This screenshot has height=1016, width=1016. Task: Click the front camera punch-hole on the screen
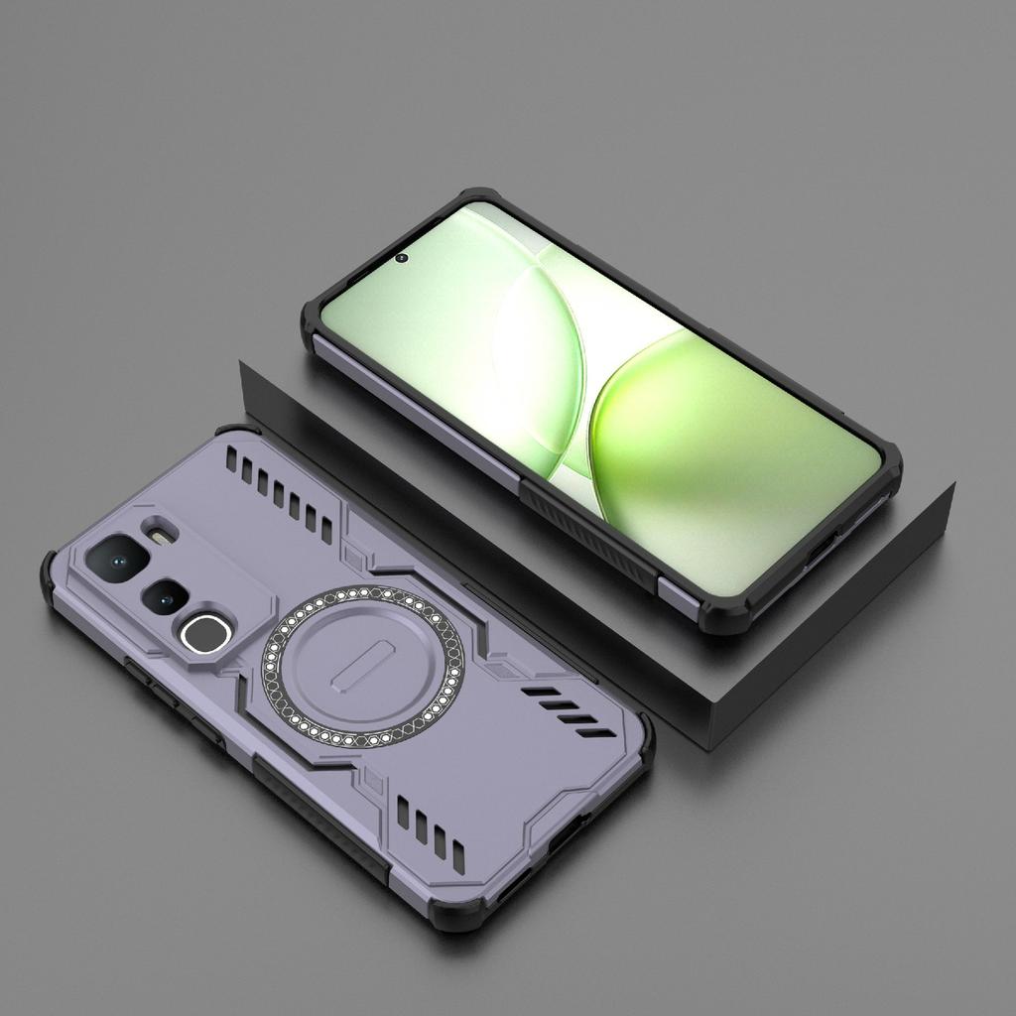[401, 258]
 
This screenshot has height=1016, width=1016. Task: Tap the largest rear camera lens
[117, 558]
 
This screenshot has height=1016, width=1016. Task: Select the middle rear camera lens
[165, 596]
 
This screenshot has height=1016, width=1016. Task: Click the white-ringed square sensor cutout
[206, 632]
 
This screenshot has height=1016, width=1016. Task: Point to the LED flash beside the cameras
[159, 535]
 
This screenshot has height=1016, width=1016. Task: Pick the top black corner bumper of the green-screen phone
[476, 198]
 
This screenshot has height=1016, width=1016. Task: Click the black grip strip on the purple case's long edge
[317, 814]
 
